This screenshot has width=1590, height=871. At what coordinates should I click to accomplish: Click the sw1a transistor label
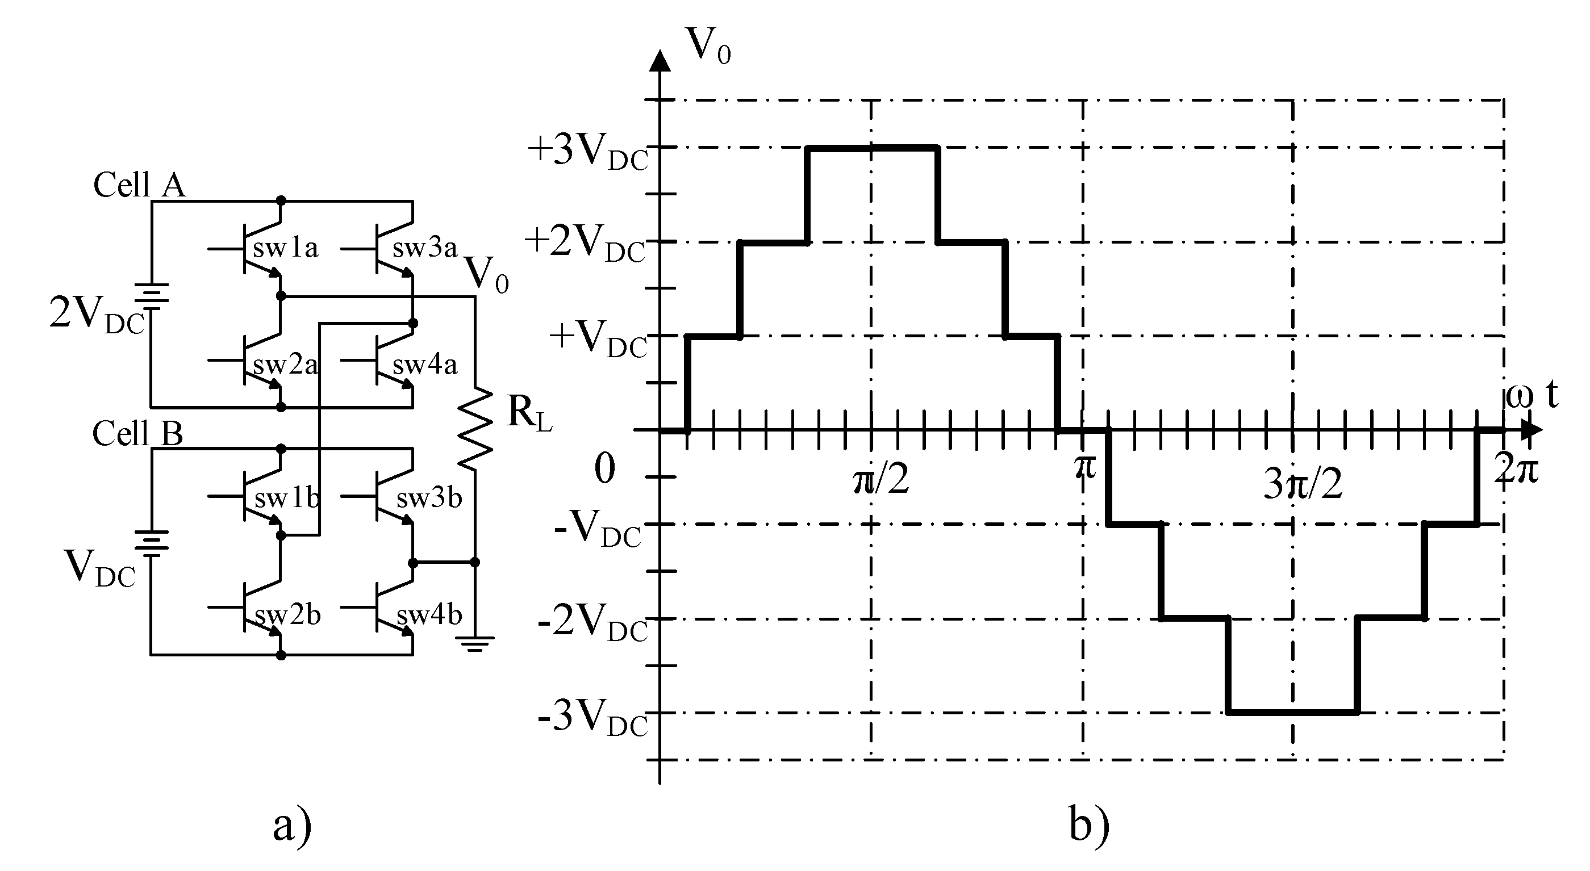coord(285,248)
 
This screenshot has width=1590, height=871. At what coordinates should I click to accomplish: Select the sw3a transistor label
coord(425,248)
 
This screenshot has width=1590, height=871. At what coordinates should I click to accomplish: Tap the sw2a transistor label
coord(285,365)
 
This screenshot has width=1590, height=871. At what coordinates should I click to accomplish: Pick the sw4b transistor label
coord(429,615)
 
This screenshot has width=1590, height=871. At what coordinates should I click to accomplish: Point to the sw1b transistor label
coord(287,499)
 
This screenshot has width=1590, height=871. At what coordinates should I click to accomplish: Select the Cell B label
coord(137,433)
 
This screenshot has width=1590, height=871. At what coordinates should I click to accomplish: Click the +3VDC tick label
coord(587,152)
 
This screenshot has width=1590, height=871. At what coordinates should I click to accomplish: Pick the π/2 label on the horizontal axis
coord(881,479)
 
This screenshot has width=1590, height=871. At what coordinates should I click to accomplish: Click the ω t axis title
coord(1532,395)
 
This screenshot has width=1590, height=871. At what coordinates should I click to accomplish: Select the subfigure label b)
coord(1089,826)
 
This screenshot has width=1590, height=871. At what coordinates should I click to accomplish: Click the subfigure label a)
coord(293,826)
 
